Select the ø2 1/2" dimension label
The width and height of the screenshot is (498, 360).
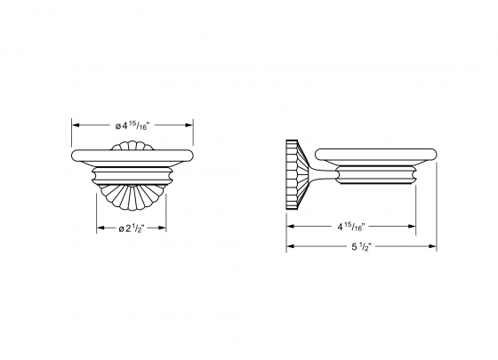(x=134, y=228)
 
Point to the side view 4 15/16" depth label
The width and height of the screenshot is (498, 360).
(x=352, y=227)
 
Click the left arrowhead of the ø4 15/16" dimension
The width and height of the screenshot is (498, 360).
(x=75, y=125)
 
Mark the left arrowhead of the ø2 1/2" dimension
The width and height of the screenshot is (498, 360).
(x=99, y=228)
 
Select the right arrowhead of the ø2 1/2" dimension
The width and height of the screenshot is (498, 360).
(x=170, y=228)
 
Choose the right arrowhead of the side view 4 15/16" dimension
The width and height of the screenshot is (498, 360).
(x=414, y=227)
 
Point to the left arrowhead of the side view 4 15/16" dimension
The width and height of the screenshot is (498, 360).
(x=289, y=227)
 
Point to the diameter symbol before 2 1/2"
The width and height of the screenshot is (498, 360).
(x=121, y=229)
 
